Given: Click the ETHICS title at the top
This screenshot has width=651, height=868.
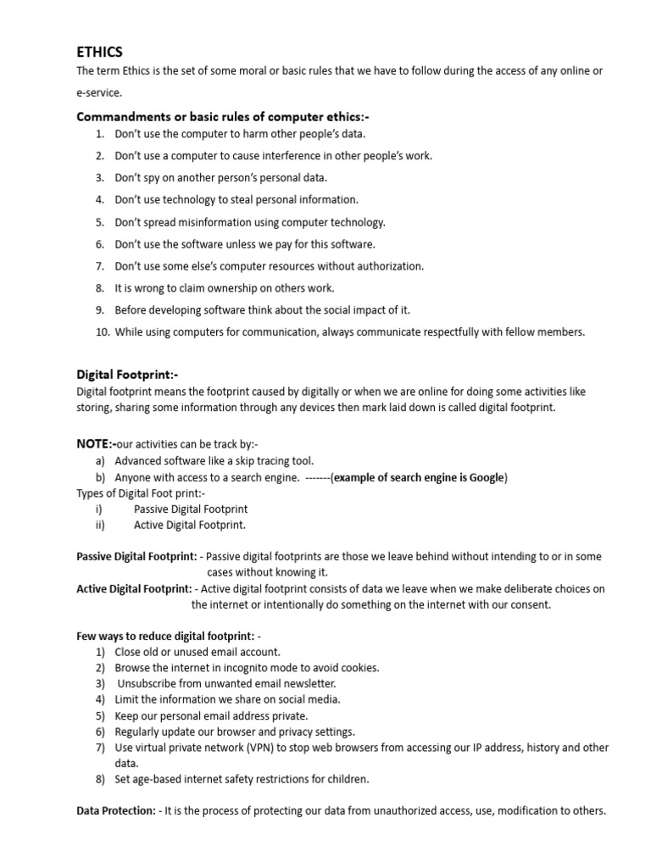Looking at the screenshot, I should [x=100, y=52].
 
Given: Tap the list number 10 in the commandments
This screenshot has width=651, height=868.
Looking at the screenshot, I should [x=102, y=332].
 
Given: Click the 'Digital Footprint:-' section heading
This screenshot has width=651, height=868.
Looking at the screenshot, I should [x=128, y=373].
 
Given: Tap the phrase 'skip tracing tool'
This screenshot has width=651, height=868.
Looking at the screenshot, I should [x=273, y=461].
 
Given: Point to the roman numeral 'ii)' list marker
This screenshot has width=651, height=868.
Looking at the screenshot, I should [x=101, y=525].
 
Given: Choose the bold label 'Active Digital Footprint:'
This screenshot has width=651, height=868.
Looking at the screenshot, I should [x=134, y=589].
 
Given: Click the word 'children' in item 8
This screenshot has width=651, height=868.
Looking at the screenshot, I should [x=349, y=779].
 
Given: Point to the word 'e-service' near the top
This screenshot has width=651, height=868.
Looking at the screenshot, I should [x=99, y=93].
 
